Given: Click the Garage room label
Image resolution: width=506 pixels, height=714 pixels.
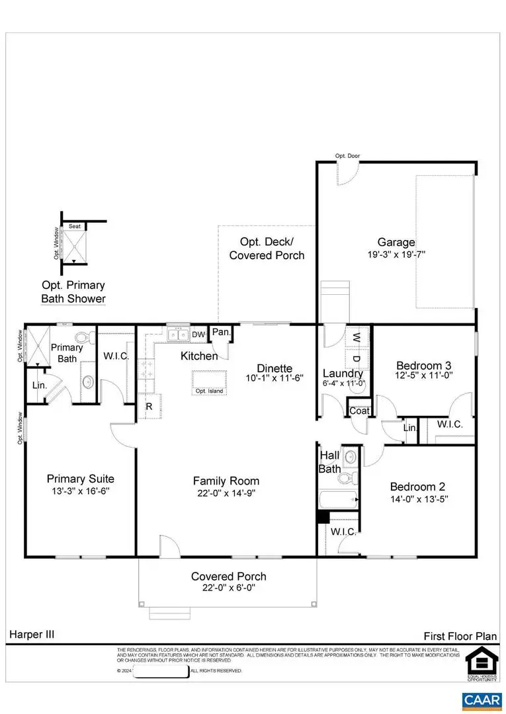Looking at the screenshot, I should [396, 242].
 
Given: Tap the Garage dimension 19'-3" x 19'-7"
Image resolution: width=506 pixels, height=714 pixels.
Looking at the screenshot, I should [396, 254].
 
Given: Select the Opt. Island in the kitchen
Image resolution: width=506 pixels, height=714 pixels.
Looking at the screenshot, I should [209, 383].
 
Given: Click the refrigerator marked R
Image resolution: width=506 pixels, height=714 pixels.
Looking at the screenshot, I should [149, 407].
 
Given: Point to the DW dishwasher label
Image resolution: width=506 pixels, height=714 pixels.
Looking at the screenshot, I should [198, 335].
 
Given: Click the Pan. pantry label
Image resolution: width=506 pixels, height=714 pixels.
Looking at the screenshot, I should [220, 333].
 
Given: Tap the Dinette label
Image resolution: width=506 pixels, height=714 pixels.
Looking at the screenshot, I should [275, 368].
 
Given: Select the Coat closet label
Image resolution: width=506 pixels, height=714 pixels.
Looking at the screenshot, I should [359, 411].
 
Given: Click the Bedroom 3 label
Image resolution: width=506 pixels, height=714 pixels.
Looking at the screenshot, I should [423, 366].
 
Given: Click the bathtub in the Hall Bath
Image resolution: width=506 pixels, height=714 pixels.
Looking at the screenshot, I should [337, 499].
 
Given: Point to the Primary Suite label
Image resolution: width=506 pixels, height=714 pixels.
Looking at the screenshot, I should [80, 479].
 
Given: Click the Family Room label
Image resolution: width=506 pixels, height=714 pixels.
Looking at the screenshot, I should [226, 481].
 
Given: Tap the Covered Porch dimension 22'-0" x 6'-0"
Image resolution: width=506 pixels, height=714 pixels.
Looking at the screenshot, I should [228, 587].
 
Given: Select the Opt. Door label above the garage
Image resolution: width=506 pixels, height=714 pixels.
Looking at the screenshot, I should [347, 156].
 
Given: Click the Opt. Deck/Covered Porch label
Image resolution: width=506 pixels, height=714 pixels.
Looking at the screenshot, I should [267, 249].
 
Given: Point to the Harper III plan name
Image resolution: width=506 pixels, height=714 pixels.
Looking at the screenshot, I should [32, 634].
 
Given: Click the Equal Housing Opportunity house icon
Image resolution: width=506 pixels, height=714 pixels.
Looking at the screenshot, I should [482, 661].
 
